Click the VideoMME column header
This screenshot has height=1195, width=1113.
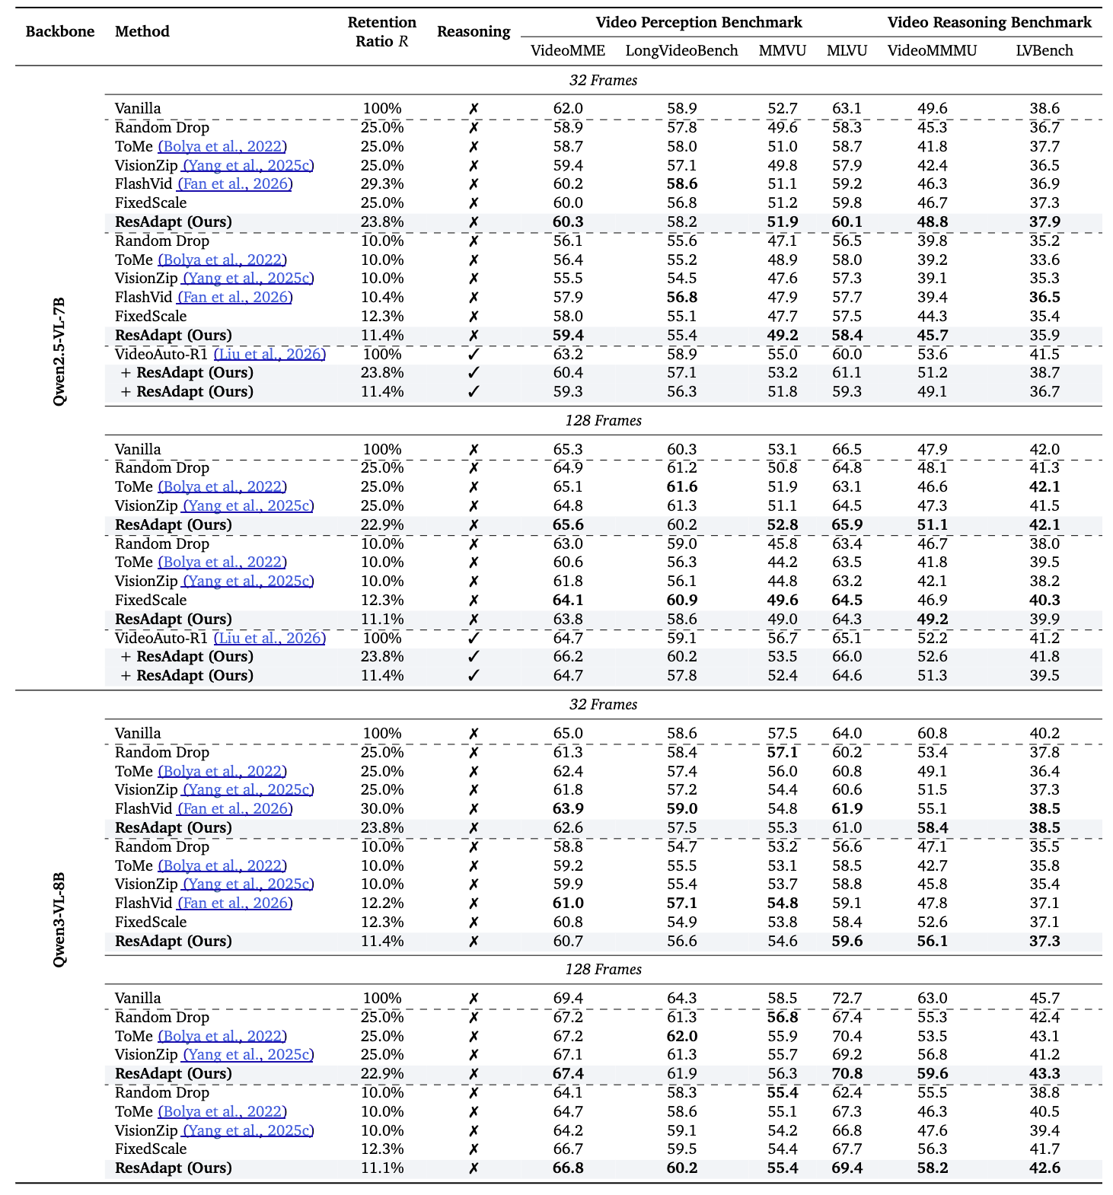pyautogui.click(x=567, y=51)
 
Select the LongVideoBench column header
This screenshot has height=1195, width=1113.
pyautogui.click(x=681, y=51)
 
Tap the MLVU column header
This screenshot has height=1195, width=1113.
pyautogui.click(x=847, y=51)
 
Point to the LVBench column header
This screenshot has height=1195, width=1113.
pyautogui.click(x=1044, y=51)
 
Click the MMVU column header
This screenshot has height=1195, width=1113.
pyautogui.click(x=782, y=51)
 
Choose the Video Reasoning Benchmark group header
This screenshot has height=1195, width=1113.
pyautogui.click(x=989, y=23)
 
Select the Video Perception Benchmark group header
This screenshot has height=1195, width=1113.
pyautogui.click(x=698, y=23)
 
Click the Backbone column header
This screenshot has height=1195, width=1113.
pyautogui.click(x=60, y=32)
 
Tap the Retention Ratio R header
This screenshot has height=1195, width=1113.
pyautogui.click(x=381, y=32)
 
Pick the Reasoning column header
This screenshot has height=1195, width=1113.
pyautogui.click(x=474, y=32)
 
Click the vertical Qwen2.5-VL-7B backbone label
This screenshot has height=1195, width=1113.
pyautogui.click(x=59, y=351)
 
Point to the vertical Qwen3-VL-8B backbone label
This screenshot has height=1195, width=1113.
pyautogui.click(x=59, y=919)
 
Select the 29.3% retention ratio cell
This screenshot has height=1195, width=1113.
pyautogui.click(x=381, y=184)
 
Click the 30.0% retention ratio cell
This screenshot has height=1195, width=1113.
pyautogui.click(x=381, y=809)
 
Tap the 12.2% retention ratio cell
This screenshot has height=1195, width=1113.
pyautogui.click(x=381, y=903)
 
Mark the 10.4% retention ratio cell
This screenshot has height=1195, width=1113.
pyautogui.click(x=381, y=298)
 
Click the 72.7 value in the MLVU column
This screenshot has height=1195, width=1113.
pyautogui.click(x=847, y=999)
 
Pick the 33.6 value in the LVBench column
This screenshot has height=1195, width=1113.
pyautogui.click(x=1044, y=260)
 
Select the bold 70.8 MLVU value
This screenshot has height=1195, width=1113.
pyautogui.click(x=847, y=1074)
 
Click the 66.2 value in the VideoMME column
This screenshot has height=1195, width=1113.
pyautogui.click(x=567, y=657)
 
